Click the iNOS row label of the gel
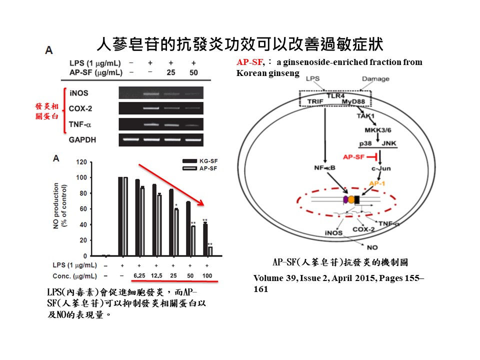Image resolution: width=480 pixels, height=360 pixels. point(80,93)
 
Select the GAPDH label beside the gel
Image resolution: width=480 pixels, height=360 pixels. point(82,140)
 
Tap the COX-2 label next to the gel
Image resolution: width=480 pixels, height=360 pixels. point(81,108)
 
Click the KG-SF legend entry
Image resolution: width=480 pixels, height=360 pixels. point(209,160)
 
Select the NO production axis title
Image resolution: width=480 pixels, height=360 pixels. point(60,208)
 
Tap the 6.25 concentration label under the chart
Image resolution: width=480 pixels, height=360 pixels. point(138,275)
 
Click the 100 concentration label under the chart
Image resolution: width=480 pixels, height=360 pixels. point(207,275)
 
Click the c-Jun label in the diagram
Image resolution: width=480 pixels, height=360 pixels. point(380,169)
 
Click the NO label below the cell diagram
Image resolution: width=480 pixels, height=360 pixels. point(372,247)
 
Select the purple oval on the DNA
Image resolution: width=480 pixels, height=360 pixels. point(345,199)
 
